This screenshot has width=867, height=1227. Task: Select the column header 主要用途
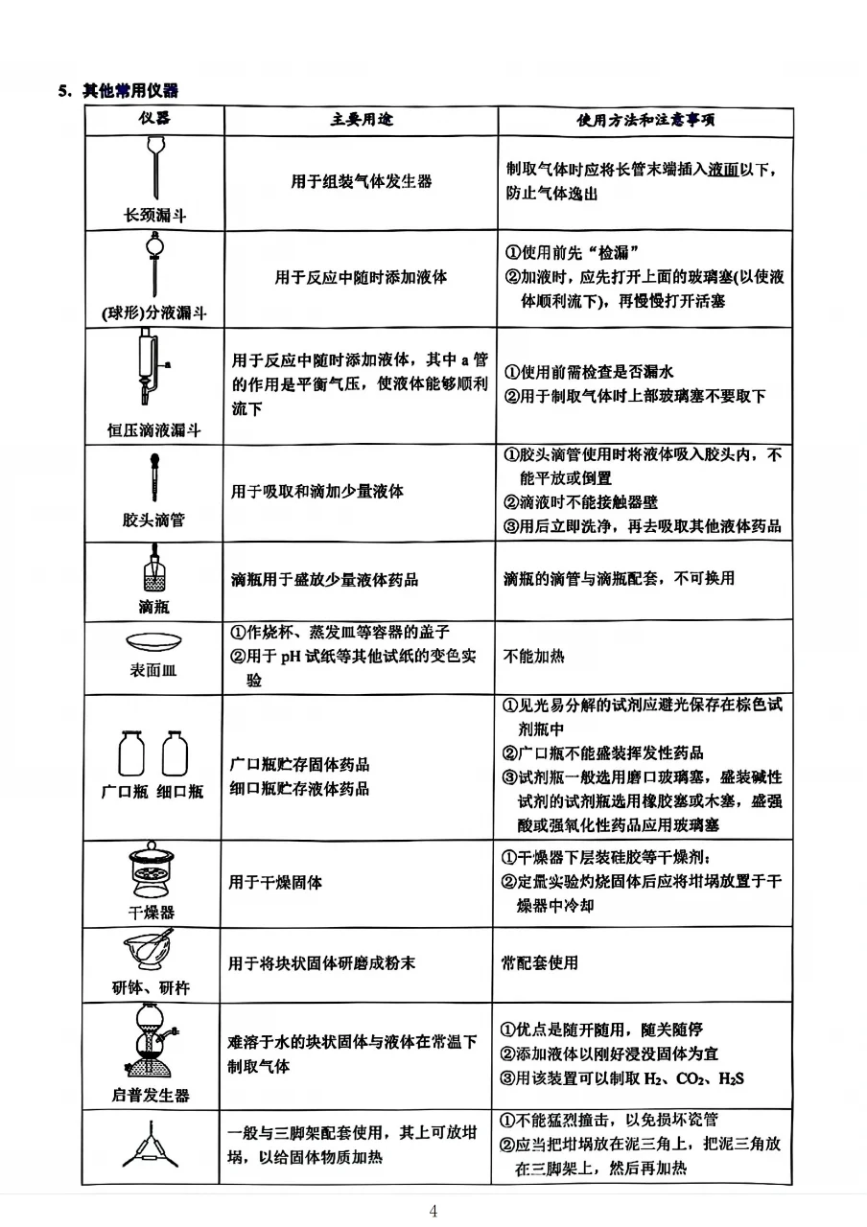click(x=362, y=120)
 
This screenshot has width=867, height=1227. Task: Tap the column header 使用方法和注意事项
click(x=644, y=121)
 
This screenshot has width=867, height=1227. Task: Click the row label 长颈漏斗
click(x=154, y=215)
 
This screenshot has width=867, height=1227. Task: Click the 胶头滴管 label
click(x=153, y=520)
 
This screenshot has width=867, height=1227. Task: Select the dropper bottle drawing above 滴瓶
click(x=153, y=572)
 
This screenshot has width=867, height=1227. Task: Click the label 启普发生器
click(x=152, y=1094)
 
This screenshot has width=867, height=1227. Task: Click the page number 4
click(x=433, y=1211)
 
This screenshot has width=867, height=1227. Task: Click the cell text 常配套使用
click(x=540, y=962)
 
